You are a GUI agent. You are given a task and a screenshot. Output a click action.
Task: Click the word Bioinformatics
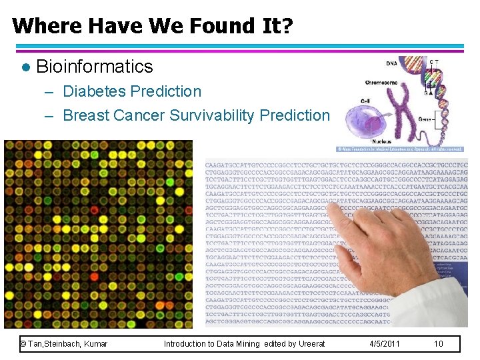click(x=94, y=67)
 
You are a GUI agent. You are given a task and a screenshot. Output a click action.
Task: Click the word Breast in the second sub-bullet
click(x=85, y=115)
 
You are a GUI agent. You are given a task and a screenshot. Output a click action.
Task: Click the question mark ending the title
click(x=287, y=26)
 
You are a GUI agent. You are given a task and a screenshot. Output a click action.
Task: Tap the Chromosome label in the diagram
click(x=381, y=83)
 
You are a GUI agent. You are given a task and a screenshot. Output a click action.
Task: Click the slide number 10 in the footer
click(x=438, y=344)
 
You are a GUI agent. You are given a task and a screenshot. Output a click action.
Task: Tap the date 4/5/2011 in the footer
click(x=385, y=344)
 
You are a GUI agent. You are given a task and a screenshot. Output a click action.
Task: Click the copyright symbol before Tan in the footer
click(x=23, y=344)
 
